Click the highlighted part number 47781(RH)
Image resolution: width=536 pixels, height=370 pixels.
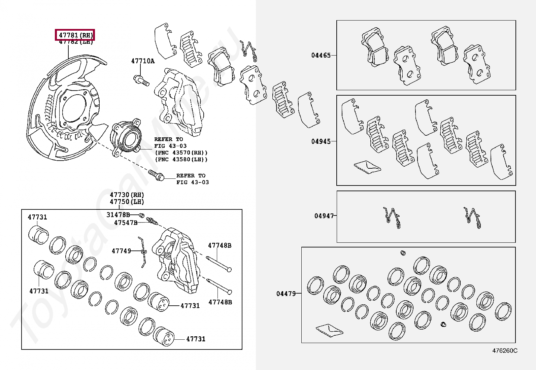click(x=75, y=35)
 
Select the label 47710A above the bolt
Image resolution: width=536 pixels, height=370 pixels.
click(x=143, y=61)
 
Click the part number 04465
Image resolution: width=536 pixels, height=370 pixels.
click(x=321, y=55)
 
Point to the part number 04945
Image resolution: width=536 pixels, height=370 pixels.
click(x=321, y=141)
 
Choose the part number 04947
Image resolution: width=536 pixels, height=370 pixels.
click(x=324, y=216)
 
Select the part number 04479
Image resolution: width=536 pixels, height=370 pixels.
click(x=286, y=294)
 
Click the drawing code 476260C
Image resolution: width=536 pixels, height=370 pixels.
click(x=505, y=350)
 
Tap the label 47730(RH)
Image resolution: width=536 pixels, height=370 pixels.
click(x=127, y=195)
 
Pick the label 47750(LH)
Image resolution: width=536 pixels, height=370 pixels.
click(x=127, y=202)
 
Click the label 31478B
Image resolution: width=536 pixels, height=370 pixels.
click(x=118, y=215)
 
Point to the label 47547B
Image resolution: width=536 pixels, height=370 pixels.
click(x=126, y=223)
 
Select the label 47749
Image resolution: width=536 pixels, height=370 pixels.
click(x=121, y=251)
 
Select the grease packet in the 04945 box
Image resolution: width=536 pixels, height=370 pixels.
click(x=367, y=167)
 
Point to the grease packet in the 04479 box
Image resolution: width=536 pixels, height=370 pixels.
click(x=329, y=330)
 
